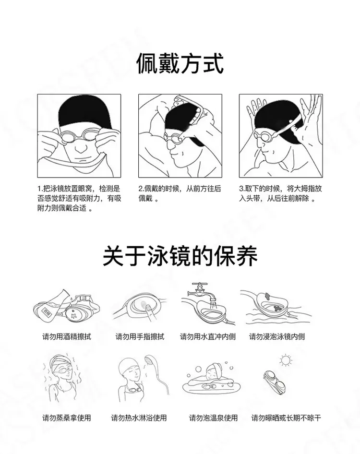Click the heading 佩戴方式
180,63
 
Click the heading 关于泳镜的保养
180,256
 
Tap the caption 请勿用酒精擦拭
67,336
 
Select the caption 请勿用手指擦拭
140,336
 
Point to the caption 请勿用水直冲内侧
208,336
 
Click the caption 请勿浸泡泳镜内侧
277,336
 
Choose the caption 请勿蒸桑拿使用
67,418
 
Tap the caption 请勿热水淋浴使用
139,418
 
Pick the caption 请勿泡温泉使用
214,418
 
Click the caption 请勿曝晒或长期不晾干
286,418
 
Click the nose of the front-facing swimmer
81,148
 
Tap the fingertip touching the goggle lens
147,307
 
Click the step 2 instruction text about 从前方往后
180,194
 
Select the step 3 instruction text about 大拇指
280,194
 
